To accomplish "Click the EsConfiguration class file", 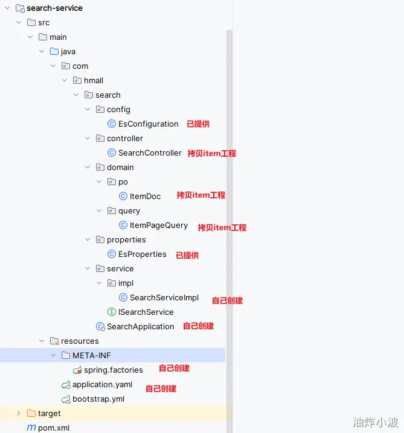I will coord(148,124).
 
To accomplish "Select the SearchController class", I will coord(150,153).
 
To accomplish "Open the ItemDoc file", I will coord(145,196).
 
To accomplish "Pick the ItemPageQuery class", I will coord(158,225).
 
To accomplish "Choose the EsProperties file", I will coord(142,254).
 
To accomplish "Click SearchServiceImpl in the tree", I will coord(164,297).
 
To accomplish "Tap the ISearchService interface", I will coord(146,312).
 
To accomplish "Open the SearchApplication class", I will coord(140,326).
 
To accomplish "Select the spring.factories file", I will coord(113,370).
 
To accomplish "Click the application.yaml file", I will coord(102,384).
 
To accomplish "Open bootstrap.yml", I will coord(98,399).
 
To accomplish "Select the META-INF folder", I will coord(91,355).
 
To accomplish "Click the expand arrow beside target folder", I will coord(19,413).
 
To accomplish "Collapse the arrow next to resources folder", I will coord(42,341).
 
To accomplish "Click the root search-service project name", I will coord(55,8).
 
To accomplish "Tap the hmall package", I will coord(94,80).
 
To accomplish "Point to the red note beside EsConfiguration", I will coord(198,124).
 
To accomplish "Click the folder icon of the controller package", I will coord(100,138).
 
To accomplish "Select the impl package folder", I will coord(126,283).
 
